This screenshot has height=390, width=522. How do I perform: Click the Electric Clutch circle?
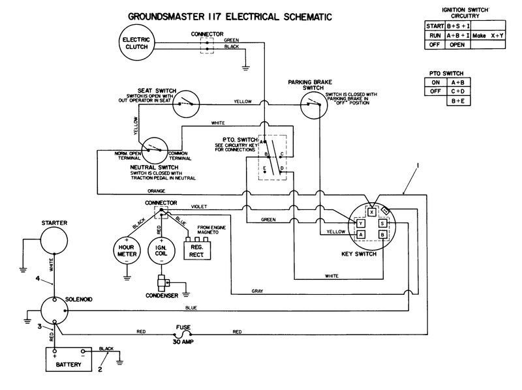tap(135, 44)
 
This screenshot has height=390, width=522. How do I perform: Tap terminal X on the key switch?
tap(371, 212)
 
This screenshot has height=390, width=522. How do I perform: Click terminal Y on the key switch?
tap(360, 224)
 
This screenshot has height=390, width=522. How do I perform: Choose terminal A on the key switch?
tap(360, 236)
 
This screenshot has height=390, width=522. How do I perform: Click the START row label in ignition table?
tap(434, 25)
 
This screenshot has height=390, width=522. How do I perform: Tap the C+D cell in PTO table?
tap(457, 91)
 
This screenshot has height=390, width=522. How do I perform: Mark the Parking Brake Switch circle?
tap(312, 103)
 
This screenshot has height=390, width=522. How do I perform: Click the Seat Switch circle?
tap(186, 102)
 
